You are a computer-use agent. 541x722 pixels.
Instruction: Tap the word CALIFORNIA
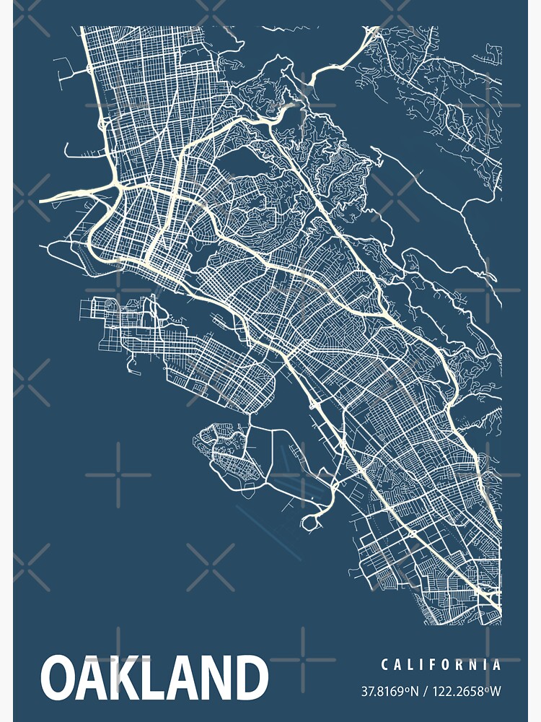coord(441,665)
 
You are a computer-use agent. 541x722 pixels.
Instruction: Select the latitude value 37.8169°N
coord(390,692)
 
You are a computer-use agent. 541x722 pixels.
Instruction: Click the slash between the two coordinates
coord(426,692)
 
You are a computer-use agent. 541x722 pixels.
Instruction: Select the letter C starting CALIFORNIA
coord(385,665)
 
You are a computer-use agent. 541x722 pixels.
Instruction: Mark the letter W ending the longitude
coord(495,692)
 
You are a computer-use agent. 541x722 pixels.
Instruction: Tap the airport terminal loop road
coord(315,521)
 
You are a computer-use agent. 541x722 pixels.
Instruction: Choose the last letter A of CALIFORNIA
coord(496,665)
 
